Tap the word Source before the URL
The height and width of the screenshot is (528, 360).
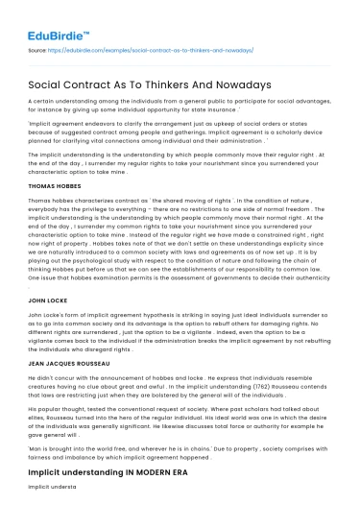39,50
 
